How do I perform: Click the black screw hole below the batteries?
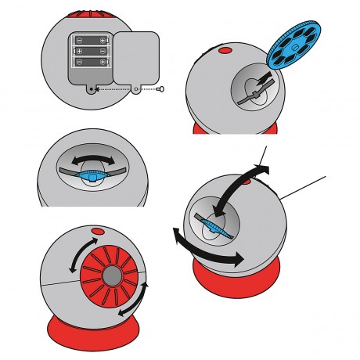pos(95,89)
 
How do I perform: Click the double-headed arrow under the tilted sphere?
pos(205,244)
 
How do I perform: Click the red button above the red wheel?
pos(98,232)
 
